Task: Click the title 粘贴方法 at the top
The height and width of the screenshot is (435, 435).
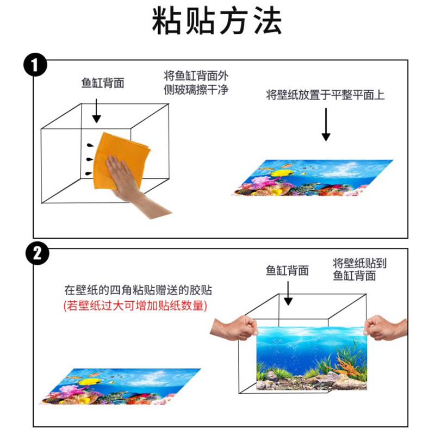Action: point(217,23)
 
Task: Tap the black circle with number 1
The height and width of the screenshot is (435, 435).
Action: point(36,65)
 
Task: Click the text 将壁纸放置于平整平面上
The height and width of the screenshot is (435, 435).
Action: point(325,96)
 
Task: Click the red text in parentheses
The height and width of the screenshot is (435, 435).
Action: point(135,306)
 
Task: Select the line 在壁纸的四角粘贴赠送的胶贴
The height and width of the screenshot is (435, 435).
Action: point(135,289)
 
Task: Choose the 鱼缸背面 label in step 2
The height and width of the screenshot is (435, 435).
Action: point(287,271)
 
